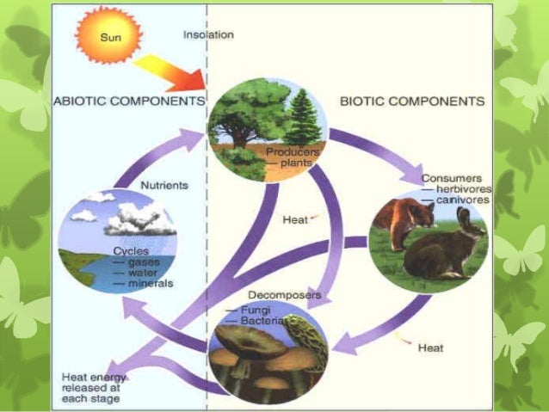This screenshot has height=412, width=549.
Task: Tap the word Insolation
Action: point(208,34)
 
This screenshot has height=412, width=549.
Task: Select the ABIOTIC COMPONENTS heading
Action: point(130,101)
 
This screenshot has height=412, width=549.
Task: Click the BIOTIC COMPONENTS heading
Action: point(412,101)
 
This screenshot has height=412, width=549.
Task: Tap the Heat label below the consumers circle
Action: point(430,348)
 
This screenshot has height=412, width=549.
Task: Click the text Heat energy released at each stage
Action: point(94,388)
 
